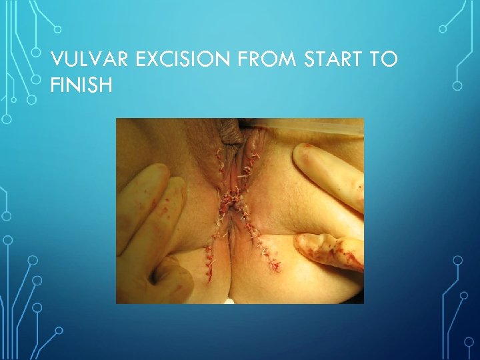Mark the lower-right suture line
[270, 257]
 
